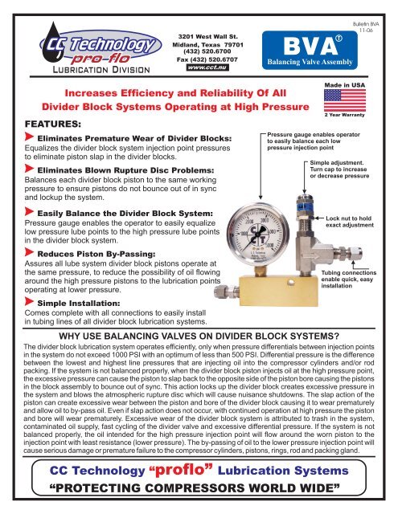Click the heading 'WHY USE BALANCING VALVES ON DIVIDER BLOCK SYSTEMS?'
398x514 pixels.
pos(199,334)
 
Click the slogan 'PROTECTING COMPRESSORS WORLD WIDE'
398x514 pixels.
pos(199,492)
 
